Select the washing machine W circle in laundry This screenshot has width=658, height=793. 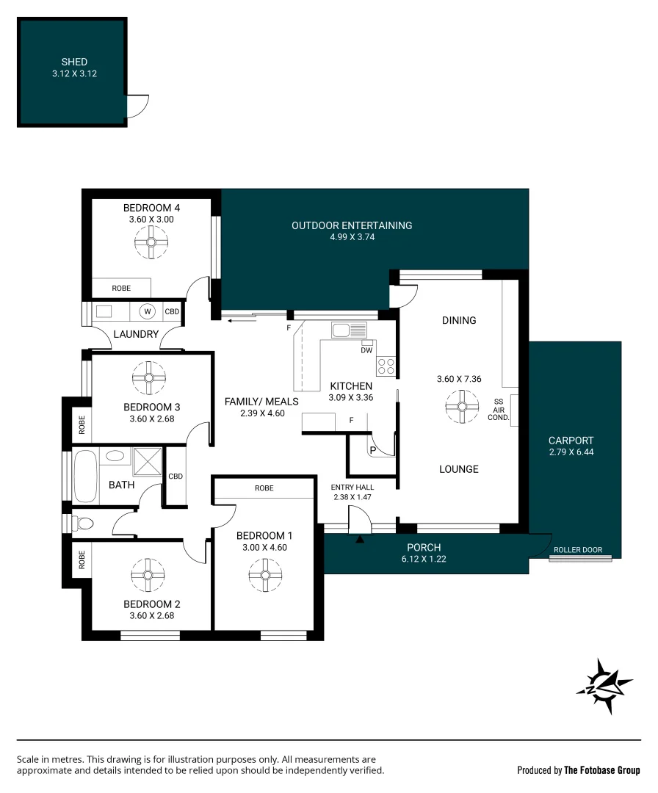148,312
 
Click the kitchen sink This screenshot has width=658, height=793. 348,330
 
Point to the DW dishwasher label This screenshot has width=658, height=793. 366,350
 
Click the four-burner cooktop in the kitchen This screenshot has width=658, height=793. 386,366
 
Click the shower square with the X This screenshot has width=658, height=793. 146,461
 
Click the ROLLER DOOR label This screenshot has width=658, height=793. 577,550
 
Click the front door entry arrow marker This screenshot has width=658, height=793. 360,540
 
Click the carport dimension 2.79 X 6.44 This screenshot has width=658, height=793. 571,452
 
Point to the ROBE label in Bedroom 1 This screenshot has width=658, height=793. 264,488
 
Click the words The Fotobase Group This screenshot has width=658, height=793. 601,770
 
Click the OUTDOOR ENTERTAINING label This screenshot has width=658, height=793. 352,225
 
